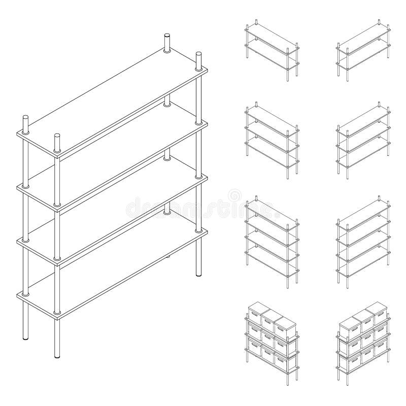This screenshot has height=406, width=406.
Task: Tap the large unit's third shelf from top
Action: coord(112,216)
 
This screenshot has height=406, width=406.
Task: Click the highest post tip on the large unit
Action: coord(167,37)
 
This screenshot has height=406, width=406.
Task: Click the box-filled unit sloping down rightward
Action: coord(272,337)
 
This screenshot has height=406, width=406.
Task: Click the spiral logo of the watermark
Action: coord(234,194)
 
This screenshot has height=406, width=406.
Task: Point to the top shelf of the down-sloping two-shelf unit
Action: coord(272,40)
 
